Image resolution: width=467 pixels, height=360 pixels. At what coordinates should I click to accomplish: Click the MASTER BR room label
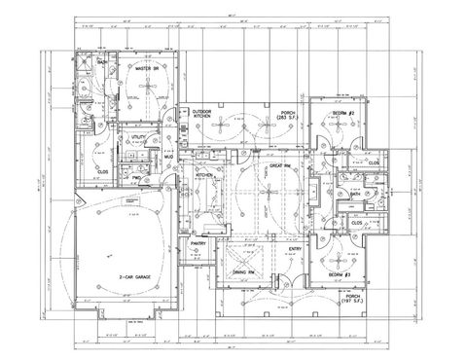click(x=147, y=70)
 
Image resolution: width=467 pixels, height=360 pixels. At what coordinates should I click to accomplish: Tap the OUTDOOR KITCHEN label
click(x=202, y=114)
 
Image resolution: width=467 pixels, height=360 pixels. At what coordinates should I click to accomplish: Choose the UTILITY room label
click(x=137, y=139)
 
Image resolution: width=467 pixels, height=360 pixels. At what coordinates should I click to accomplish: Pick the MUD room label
click(x=167, y=156)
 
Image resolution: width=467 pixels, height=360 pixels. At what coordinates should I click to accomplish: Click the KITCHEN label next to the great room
click(x=204, y=174)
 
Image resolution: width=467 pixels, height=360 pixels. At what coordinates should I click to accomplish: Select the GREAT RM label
click(x=282, y=166)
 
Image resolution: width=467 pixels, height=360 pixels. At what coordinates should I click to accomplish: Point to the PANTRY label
click(x=198, y=242)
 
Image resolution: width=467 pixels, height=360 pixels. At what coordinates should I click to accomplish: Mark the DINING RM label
click(x=243, y=270)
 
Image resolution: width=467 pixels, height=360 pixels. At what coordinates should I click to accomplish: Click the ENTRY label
click(x=296, y=249)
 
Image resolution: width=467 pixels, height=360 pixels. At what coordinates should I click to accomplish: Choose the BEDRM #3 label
click(x=339, y=275)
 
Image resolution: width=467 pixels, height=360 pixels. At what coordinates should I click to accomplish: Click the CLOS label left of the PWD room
click(x=102, y=171)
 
